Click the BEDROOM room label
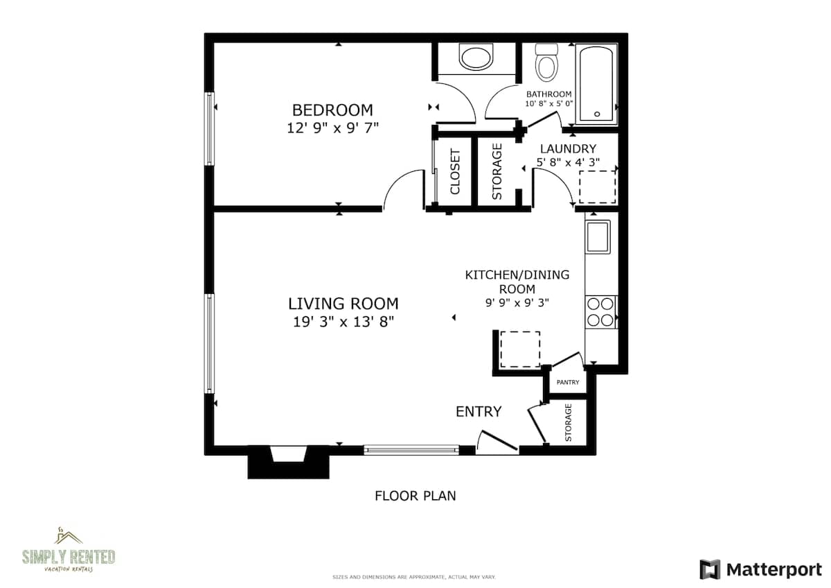click(332, 110)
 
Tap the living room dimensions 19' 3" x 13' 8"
click(343, 322)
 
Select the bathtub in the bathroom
click(596, 84)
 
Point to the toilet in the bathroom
click(546, 62)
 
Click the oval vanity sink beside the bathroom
click(476, 56)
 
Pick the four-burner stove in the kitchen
click(600, 312)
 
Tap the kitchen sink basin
click(598, 237)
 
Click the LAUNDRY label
click(568, 149)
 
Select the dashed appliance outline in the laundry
click(597, 187)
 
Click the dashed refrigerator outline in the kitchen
click(520, 349)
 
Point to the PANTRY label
click(568, 382)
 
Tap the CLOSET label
click(455, 171)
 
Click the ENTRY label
click(479, 412)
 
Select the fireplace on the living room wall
click(288, 462)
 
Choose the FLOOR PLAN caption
click(415, 496)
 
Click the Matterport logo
click(760, 569)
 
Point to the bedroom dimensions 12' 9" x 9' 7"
click(333, 128)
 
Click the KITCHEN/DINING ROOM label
click(517, 282)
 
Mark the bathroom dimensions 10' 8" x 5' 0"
click(549, 104)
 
